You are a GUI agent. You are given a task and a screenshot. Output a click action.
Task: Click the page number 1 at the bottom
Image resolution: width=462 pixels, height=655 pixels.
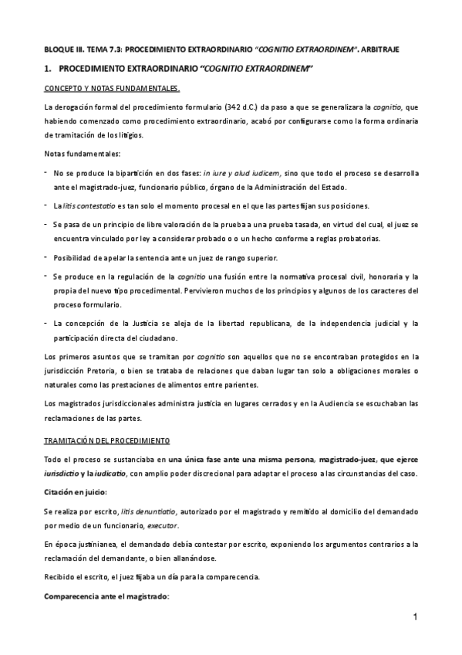click(x=414, y=616)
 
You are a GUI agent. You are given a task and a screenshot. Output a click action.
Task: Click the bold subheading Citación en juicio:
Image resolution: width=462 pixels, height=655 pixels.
click(x=76, y=491)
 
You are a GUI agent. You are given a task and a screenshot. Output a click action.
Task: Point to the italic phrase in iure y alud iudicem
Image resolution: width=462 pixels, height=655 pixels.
click(x=242, y=172)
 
